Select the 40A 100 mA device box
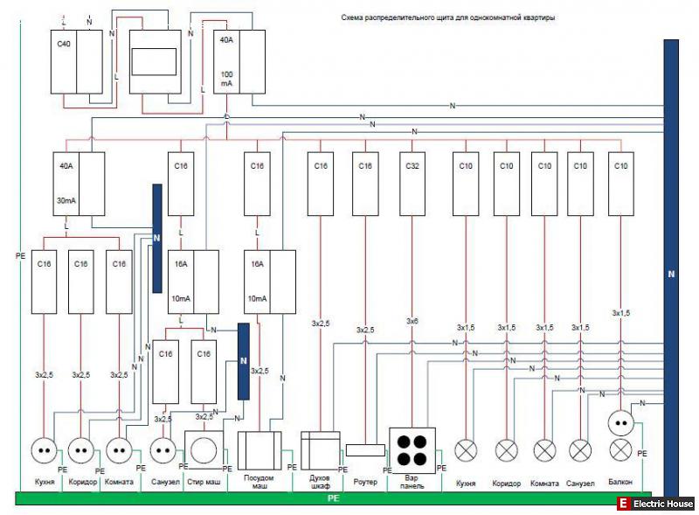click(239, 61)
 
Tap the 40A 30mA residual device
click(79, 184)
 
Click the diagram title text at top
click(448, 17)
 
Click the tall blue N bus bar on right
click(671, 271)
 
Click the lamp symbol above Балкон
click(620, 449)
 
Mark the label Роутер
click(365, 483)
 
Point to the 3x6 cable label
click(412, 322)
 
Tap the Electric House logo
click(655, 504)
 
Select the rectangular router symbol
click(364, 449)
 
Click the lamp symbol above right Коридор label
click(507, 450)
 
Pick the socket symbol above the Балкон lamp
click(620, 423)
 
